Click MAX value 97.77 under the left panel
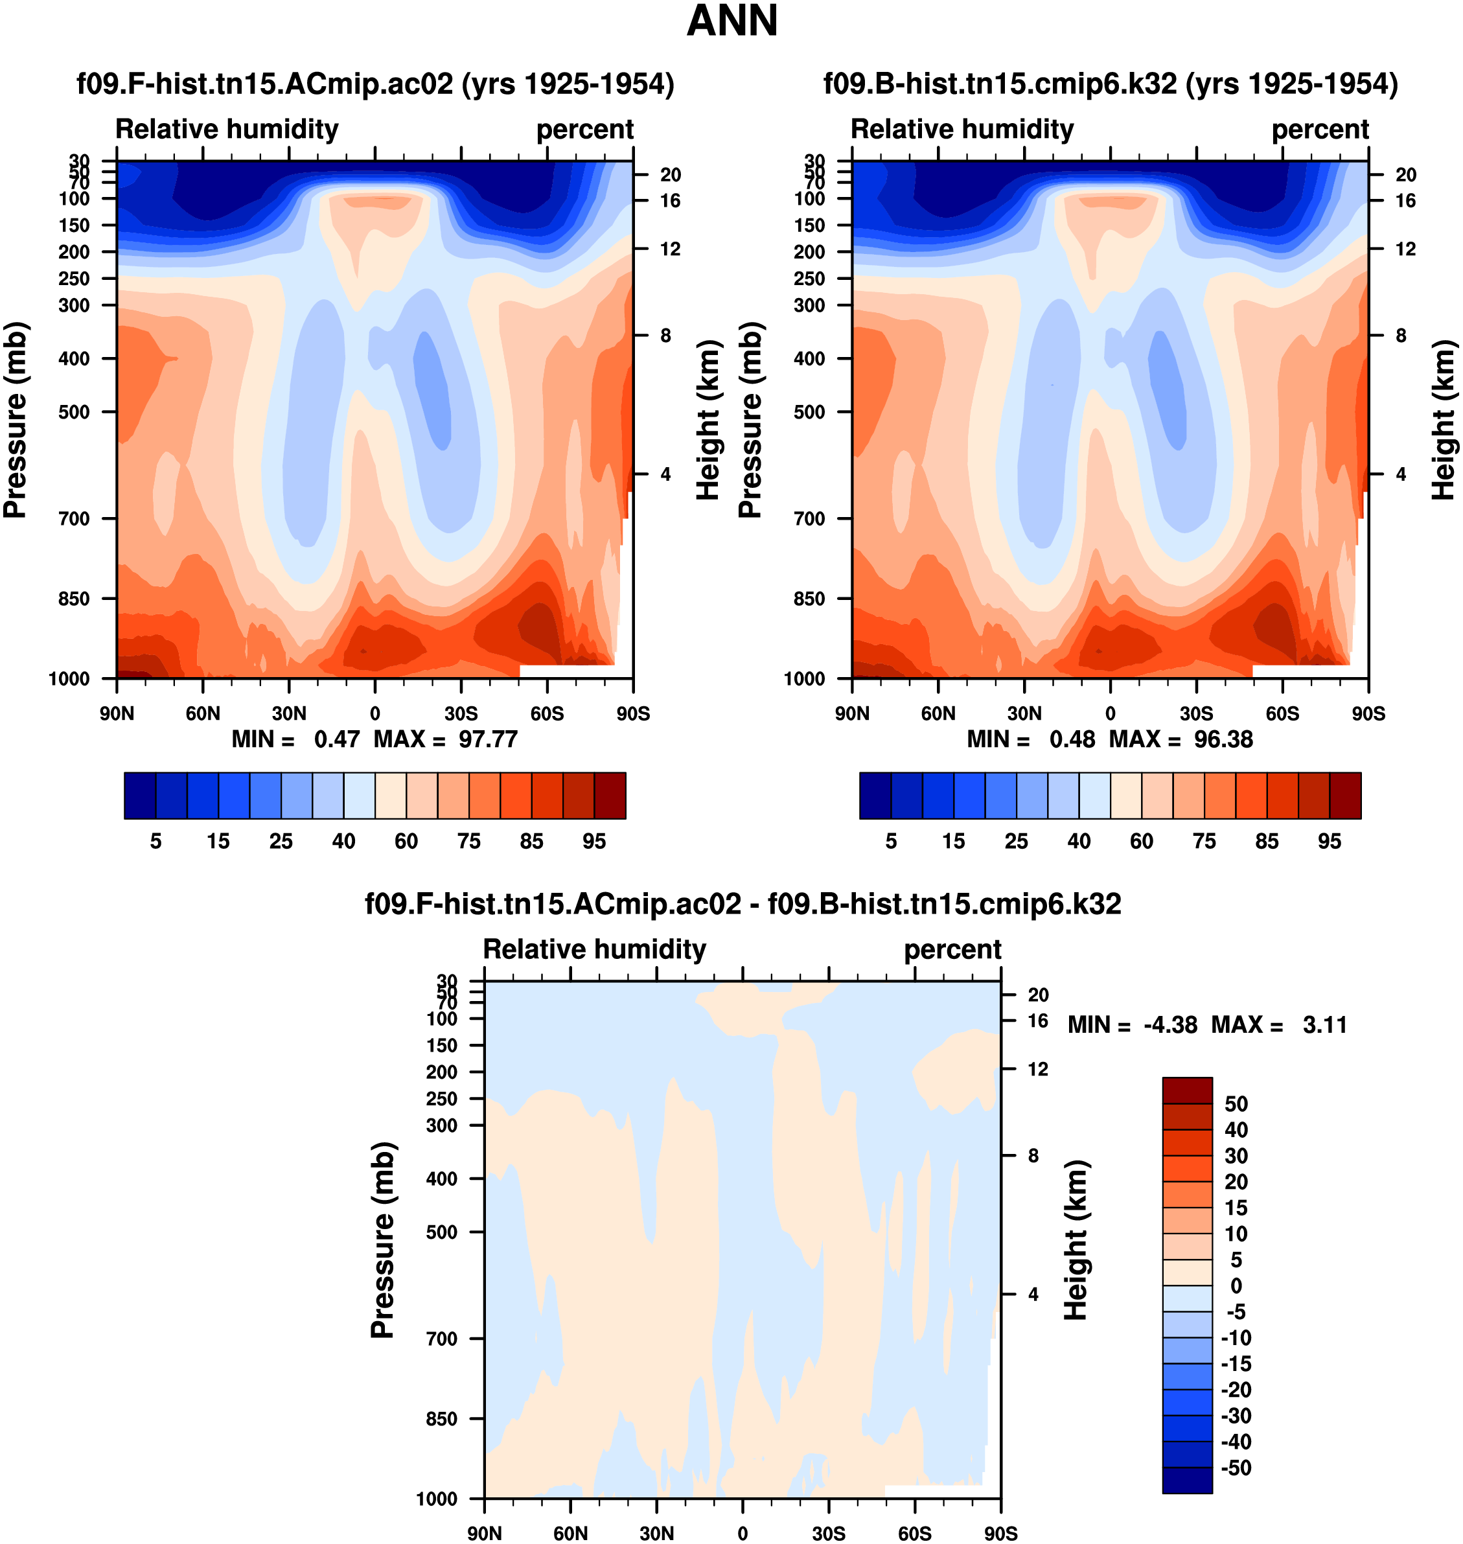[x=488, y=739]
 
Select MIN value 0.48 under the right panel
[x=1072, y=739]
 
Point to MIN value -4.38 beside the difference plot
[x=1169, y=1024]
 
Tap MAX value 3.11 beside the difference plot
[x=1324, y=1024]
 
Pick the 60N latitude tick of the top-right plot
[x=938, y=713]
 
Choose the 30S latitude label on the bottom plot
[x=828, y=1533]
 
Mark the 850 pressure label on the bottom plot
[x=441, y=1418]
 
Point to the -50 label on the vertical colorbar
[x=1236, y=1468]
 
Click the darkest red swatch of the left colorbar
[x=610, y=796]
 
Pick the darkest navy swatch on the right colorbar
[x=875, y=796]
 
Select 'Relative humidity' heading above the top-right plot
[x=962, y=129]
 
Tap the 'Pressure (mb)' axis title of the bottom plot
[x=382, y=1240]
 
